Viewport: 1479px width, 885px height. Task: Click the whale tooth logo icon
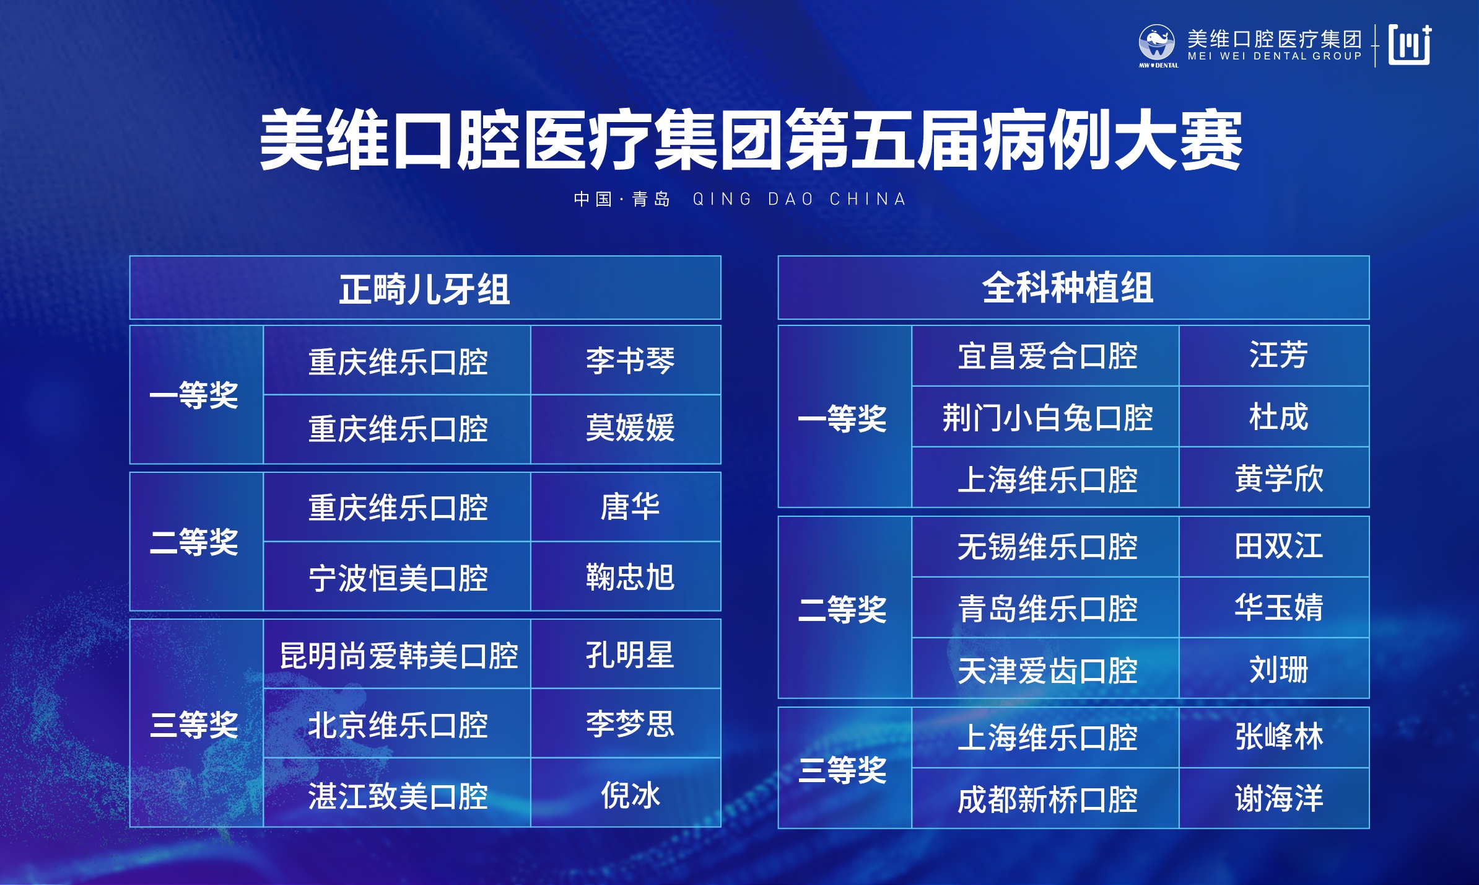pos(1157,43)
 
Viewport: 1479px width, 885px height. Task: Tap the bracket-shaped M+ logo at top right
pos(1410,45)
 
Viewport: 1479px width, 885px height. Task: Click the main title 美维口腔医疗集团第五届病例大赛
pos(751,139)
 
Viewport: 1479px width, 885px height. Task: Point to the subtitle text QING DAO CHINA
pos(800,199)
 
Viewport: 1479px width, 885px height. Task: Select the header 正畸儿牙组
pos(425,289)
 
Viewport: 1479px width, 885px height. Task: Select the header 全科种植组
pos(1068,288)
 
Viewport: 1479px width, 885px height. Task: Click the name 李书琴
pos(630,361)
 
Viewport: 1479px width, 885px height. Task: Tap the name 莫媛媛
pos(630,428)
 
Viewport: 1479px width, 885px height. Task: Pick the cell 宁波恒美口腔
pos(398,578)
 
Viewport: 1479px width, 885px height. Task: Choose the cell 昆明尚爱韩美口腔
pos(399,656)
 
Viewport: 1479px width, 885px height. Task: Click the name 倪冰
pos(630,795)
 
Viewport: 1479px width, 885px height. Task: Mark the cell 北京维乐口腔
pos(398,725)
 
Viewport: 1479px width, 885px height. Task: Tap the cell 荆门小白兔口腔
pos(1047,418)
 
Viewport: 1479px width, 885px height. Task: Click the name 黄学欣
pos(1279,478)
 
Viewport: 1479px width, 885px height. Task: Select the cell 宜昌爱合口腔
pos(1047,356)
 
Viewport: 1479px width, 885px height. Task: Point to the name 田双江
pos(1279,546)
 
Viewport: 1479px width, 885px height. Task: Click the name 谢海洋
pos(1279,798)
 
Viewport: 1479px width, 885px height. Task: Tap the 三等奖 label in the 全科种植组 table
pos(842,770)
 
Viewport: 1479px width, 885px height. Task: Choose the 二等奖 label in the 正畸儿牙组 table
pos(194,542)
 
